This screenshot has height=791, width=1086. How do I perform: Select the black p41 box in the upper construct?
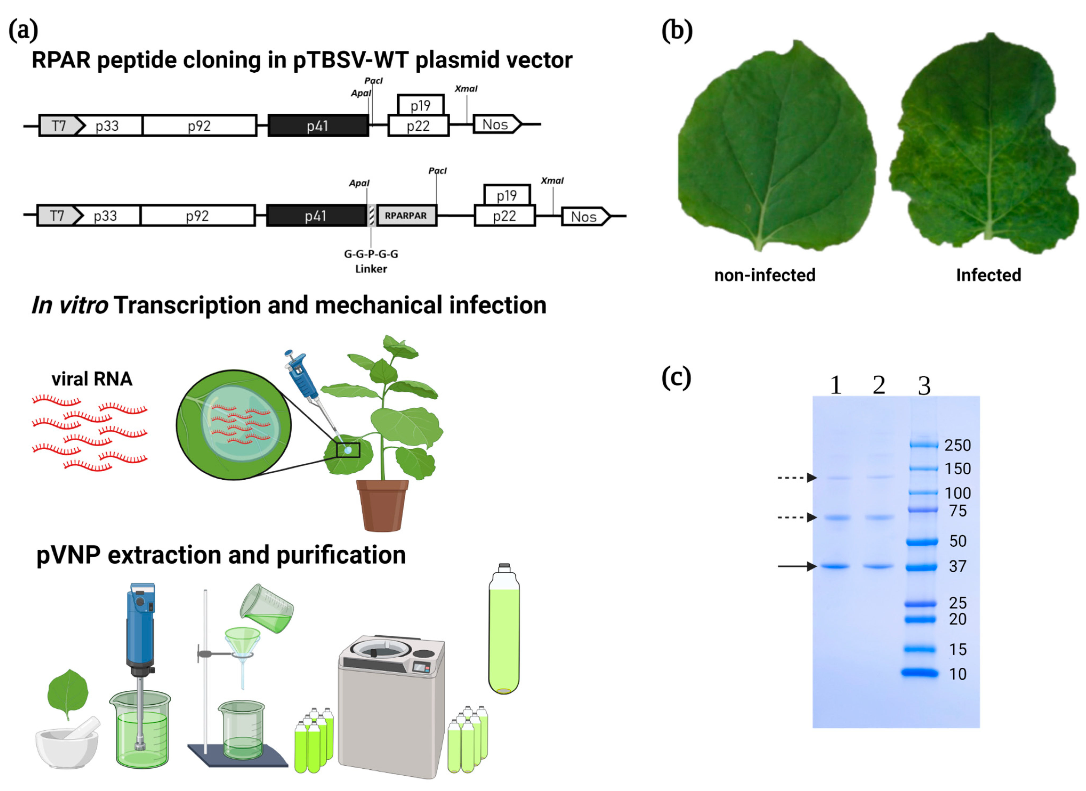(318, 126)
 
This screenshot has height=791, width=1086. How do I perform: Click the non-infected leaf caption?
(764, 275)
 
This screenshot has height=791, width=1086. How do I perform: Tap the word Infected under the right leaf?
(988, 275)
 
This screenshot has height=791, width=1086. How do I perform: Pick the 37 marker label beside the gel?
(957, 566)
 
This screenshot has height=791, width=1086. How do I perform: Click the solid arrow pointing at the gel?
(797, 566)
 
